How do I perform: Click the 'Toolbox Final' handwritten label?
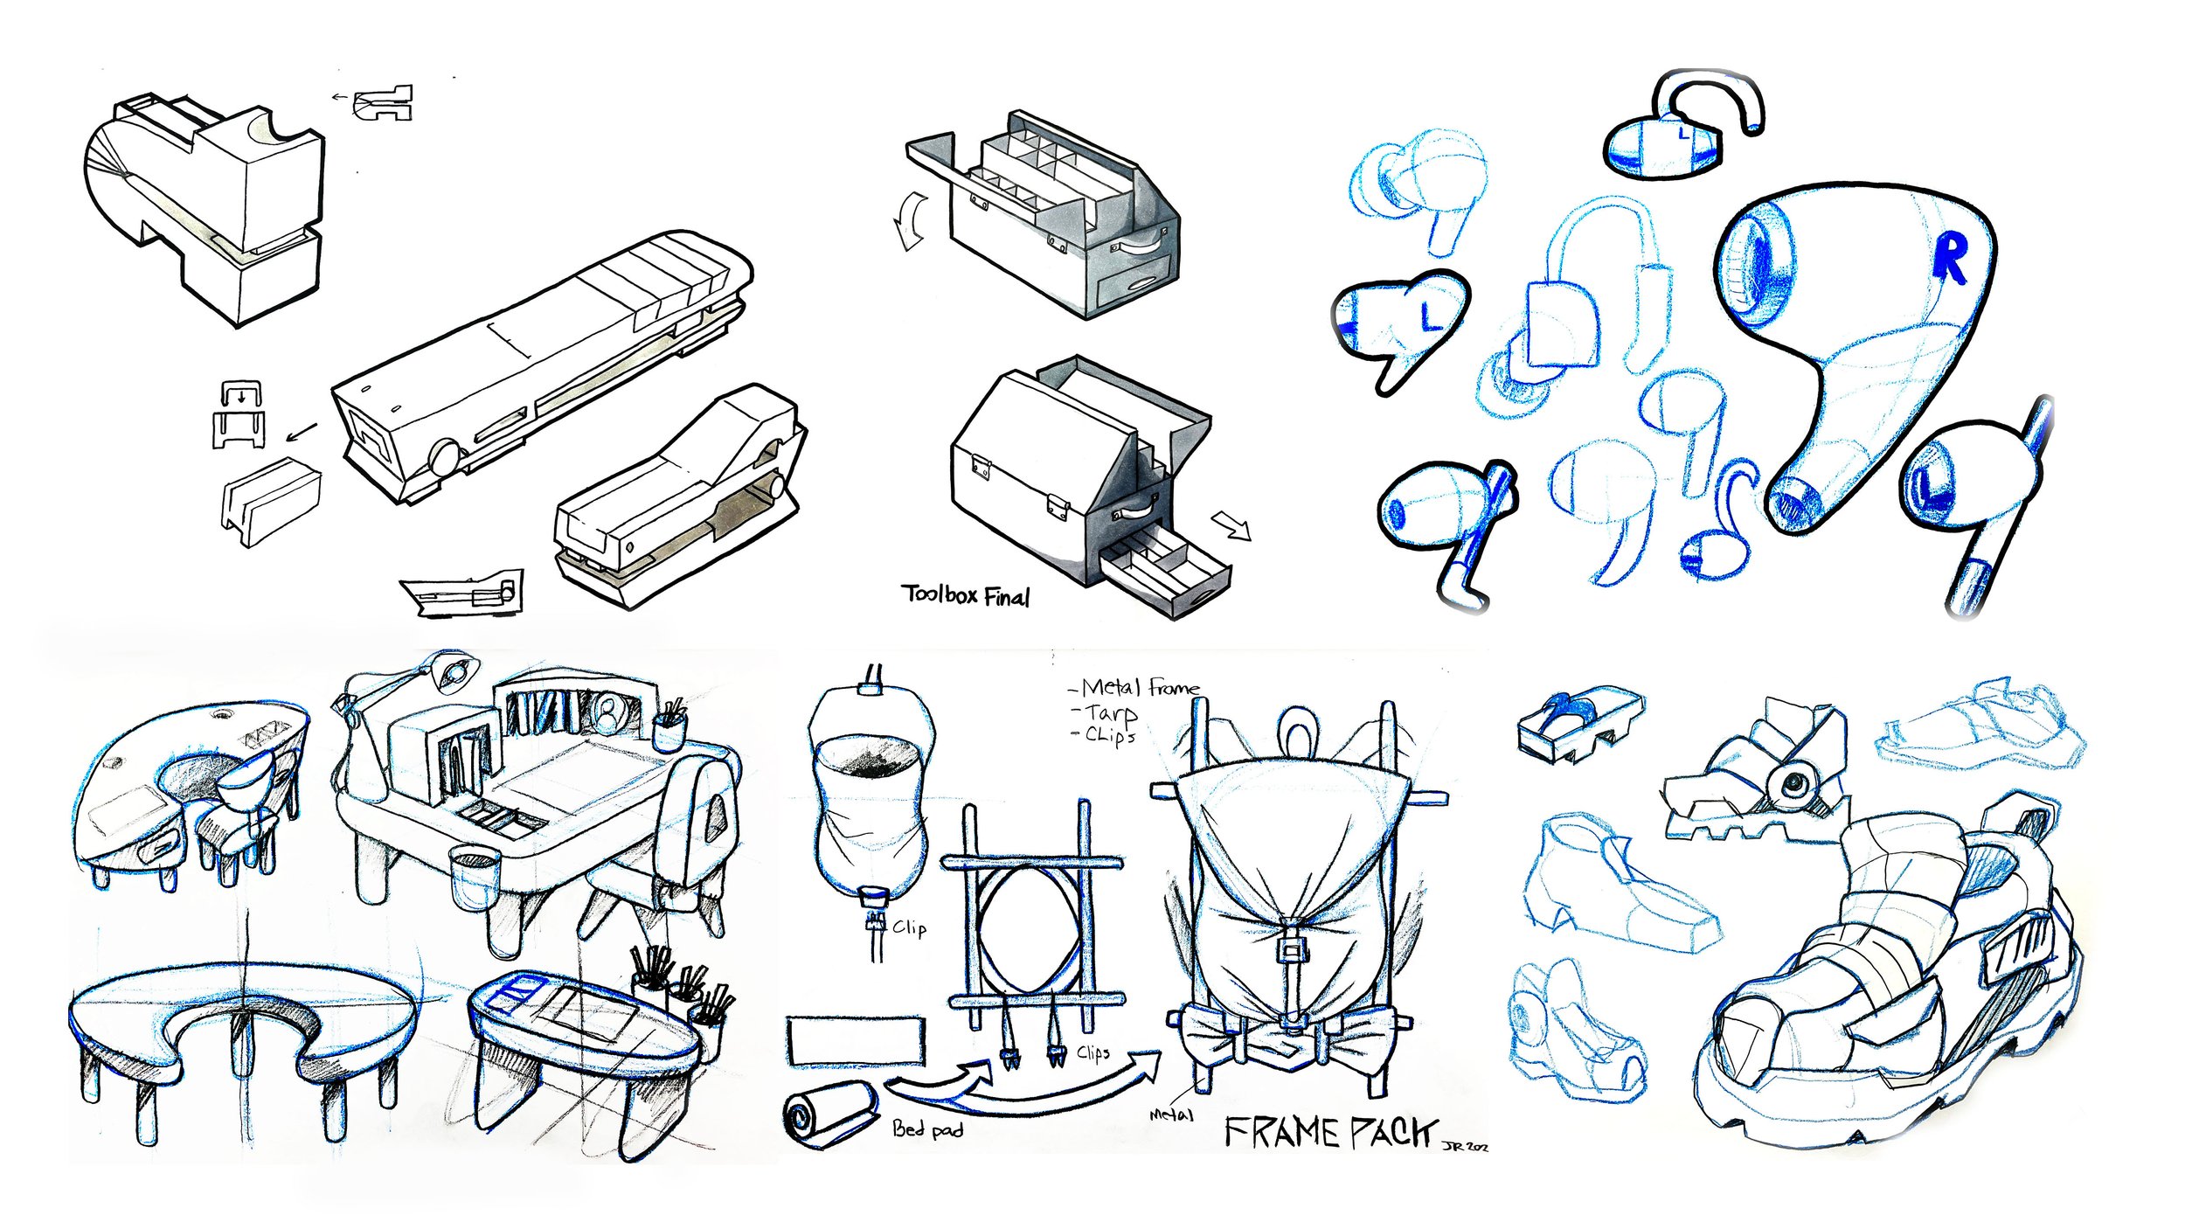[x=965, y=595]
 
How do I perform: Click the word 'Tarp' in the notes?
[x=1111, y=713]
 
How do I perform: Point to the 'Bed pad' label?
[x=927, y=1129]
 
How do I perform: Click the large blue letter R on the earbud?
[x=1950, y=259]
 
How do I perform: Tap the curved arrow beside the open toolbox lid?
[x=909, y=221]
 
